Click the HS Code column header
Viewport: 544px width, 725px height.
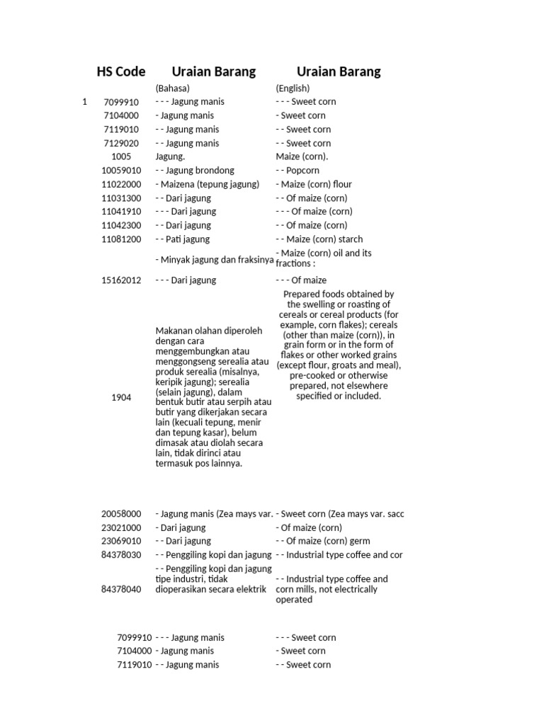(121, 72)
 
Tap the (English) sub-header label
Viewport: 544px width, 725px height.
(293, 89)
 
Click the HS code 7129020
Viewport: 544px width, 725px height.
(121, 143)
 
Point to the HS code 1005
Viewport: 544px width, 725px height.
(121, 156)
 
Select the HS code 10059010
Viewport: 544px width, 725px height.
(121, 171)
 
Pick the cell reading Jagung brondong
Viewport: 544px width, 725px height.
(194, 171)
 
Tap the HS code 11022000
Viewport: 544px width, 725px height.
(121, 184)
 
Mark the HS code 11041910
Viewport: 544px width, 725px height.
(121, 212)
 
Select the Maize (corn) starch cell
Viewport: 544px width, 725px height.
(319, 239)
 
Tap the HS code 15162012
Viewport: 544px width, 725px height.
(121, 280)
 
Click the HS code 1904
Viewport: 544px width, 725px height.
(121, 398)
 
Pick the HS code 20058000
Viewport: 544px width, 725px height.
(121, 514)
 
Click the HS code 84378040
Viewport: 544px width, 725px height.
(121, 589)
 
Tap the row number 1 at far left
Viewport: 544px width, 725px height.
(84, 102)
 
